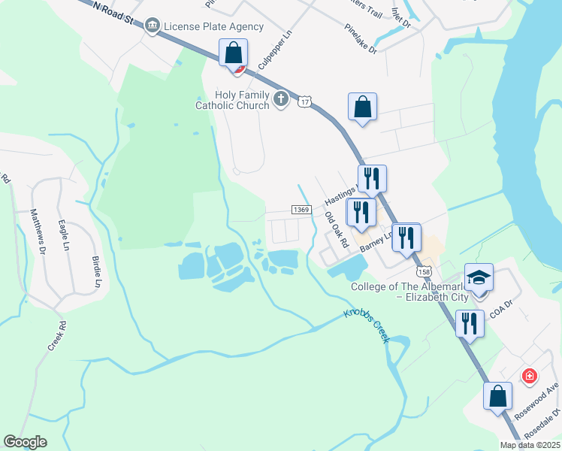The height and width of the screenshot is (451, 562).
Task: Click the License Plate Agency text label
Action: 214,27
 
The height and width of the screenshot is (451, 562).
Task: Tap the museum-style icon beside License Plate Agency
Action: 153,27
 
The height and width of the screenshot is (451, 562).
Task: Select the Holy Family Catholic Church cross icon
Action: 281,98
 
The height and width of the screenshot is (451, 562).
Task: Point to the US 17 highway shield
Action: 304,101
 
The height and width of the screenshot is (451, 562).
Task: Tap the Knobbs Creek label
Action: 367,325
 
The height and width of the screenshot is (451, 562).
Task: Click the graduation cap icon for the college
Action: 479,278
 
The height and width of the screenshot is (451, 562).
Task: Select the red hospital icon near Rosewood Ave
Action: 530,375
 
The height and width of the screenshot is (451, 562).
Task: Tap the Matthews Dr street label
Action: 37,229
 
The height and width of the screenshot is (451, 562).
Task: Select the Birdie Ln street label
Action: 96,271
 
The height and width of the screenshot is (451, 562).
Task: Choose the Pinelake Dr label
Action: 361,39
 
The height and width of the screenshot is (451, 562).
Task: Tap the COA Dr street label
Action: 500,310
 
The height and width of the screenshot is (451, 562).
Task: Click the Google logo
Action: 25,442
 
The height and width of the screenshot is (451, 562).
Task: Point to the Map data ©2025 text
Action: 530,445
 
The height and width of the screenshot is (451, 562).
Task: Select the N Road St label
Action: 115,13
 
